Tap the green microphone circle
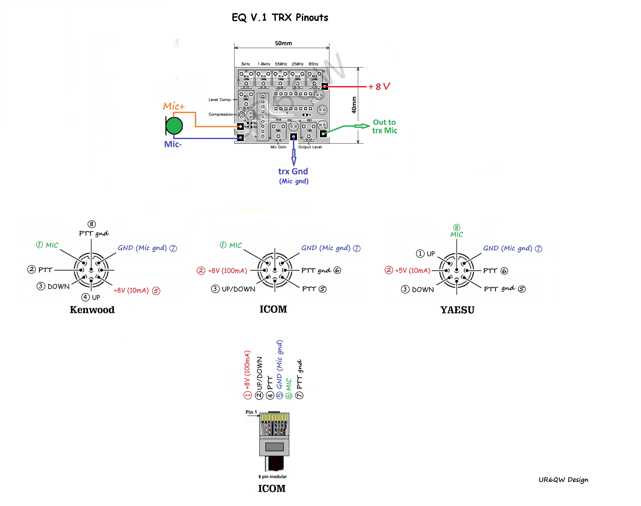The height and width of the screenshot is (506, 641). (174, 126)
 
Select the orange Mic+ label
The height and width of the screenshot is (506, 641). (174, 106)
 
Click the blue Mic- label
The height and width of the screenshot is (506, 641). (173, 144)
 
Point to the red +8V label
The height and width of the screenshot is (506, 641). (379, 86)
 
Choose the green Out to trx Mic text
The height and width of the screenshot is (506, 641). (385, 126)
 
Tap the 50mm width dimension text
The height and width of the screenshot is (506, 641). (283, 43)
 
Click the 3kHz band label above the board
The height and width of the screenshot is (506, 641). (245, 64)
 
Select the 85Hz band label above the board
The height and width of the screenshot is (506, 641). (314, 64)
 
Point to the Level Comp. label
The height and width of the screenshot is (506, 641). (220, 100)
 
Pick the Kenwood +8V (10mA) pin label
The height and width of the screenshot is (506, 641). (131, 290)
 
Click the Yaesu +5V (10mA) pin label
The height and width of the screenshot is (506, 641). (412, 270)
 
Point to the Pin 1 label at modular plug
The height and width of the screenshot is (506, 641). (251, 412)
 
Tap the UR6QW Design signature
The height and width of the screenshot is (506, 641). (563, 480)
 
